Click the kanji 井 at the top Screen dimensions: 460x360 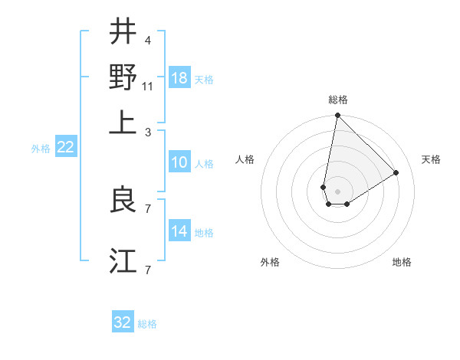123,32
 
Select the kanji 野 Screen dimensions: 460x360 123,77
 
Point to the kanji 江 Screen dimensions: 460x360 123,260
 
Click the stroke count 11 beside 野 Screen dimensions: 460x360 148,87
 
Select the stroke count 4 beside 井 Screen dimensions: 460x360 146,41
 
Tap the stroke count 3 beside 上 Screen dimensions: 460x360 146,133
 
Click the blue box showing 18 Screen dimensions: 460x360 179,78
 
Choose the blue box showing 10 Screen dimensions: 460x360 179,162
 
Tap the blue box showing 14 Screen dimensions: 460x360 179,231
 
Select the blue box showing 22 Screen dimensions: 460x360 65,148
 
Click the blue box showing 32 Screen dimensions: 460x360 123,322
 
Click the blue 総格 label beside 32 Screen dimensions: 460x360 147,324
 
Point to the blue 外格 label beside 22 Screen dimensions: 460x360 41,149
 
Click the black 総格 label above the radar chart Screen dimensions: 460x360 337,100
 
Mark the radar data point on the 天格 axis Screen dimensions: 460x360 396,172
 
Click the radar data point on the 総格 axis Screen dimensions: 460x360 337,116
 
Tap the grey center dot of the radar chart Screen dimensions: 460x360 337,191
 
